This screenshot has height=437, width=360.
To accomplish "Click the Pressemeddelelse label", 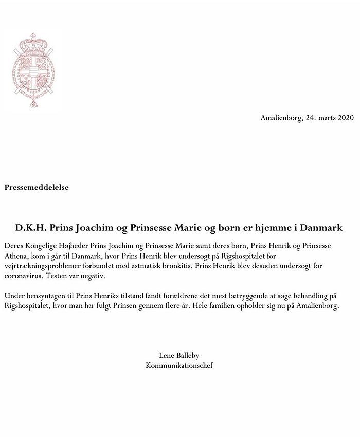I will click(x=37, y=188).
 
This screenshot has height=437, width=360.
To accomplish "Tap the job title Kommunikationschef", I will click(x=179, y=366).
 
